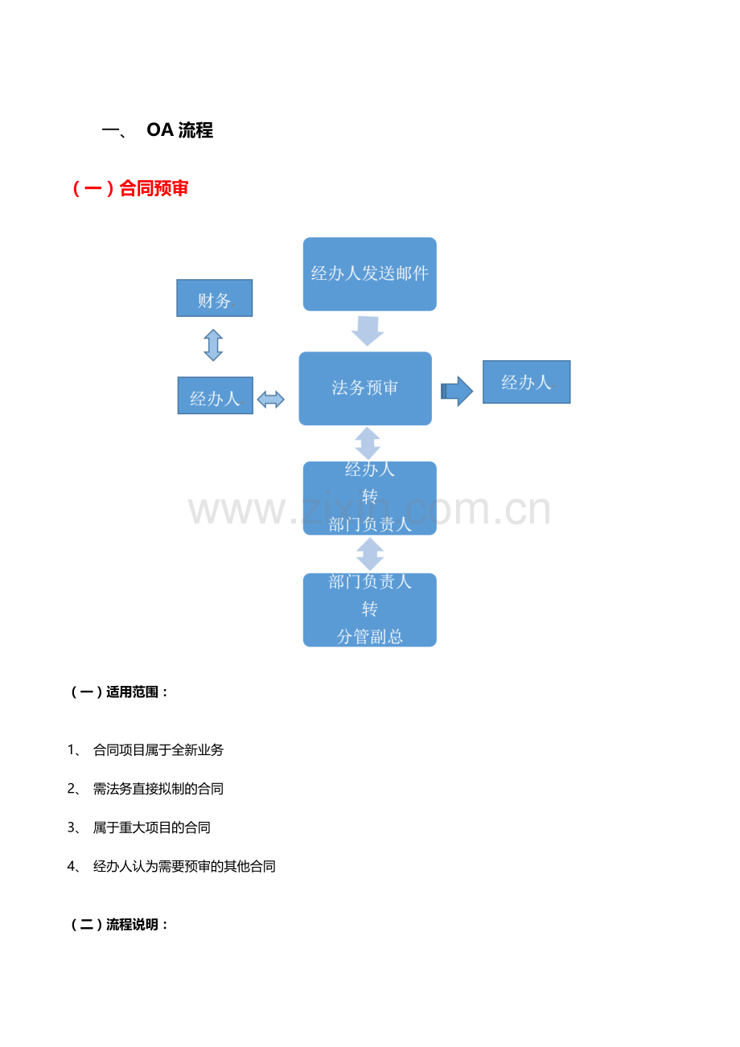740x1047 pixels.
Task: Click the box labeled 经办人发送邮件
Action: click(369, 274)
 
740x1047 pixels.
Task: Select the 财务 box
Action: click(214, 298)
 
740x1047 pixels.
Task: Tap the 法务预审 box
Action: click(365, 388)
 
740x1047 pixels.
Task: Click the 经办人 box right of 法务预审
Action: click(526, 382)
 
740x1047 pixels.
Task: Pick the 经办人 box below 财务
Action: click(215, 396)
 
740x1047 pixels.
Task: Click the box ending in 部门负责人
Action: click(369, 499)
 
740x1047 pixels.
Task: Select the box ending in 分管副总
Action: click(369, 610)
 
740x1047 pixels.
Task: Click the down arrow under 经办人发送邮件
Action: click(368, 331)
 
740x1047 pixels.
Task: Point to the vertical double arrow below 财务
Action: click(213, 345)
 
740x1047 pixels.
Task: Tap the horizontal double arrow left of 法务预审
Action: click(271, 400)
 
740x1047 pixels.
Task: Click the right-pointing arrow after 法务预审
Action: click(457, 391)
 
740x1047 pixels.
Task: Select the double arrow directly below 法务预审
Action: click(368, 443)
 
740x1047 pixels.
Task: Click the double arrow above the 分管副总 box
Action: click(370, 554)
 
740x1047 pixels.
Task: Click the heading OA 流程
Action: click(179, 130)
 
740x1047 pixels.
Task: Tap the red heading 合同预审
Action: click(154, 188)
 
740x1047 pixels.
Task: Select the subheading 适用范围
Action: click(132, 692)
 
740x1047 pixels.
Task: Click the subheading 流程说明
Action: click(132, 925)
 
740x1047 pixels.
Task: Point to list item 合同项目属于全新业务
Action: click(158, 750)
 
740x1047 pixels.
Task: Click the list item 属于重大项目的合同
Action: click(151, 827)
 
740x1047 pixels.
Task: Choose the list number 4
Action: click(72, 867)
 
